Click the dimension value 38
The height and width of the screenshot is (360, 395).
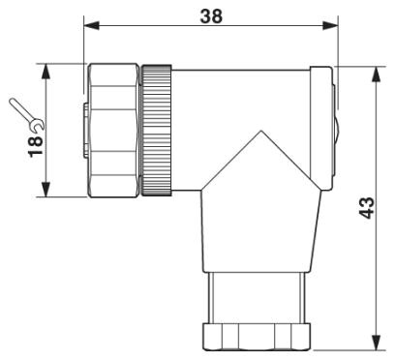[211, 15]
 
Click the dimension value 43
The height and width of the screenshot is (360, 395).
[367, 208]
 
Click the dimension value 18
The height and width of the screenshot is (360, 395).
[36, 146]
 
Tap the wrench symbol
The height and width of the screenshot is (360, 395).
[27, 115]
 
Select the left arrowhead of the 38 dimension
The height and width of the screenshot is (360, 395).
[91, 25]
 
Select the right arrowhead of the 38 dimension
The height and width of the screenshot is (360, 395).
[330, 25]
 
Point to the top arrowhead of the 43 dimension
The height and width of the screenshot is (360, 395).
[376, 75]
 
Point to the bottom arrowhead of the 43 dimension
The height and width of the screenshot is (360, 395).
[376, 342]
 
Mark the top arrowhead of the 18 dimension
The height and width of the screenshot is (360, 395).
[46, 71]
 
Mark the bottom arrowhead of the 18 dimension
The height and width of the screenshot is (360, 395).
[46, 190]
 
